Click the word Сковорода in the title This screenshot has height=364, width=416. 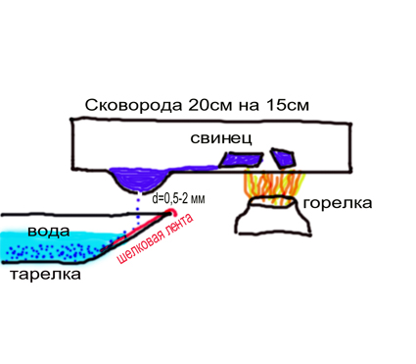(133, 105)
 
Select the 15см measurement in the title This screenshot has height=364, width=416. (288, 105)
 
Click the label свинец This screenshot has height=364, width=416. (221, 138)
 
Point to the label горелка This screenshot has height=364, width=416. (338, 203)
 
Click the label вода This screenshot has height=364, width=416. (49, 231)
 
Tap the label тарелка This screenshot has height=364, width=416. (45, 274)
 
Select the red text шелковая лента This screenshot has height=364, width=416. (156, 239)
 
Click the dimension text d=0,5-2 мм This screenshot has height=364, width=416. (178, 198)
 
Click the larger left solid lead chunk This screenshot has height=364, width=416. (241, 159)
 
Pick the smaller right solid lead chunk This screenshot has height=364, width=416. (284, 159)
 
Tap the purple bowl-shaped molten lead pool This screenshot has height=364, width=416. (140, 181)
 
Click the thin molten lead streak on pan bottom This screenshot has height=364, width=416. (194, 168)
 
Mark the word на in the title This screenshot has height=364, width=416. (250, 106)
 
